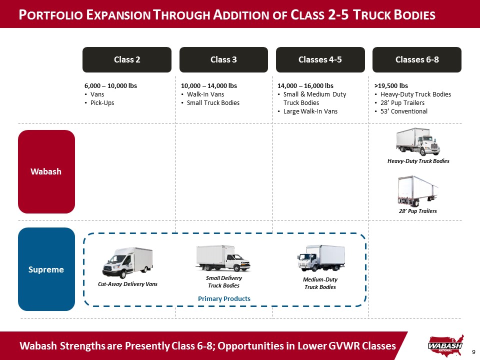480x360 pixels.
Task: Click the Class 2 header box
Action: point(127,59)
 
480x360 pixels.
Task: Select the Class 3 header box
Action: point(224,59)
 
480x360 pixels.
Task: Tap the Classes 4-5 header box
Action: point(320,59)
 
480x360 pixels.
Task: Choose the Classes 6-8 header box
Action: point(417,59)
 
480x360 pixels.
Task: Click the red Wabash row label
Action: point(46,171)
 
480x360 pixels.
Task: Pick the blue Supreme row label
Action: point(46,269)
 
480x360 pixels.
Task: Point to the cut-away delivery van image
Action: point(127,262)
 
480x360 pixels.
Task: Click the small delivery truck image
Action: point(223,258)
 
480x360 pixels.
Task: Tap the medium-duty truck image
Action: point(321,258)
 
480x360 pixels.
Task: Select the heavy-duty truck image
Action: point(418,141)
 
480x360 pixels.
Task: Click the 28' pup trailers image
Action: point(418,191)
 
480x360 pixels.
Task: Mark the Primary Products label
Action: point(224,299)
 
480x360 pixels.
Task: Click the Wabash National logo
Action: point(445,346)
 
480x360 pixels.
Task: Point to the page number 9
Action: point(473,352)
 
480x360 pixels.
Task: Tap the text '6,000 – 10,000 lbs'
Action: point(111,85)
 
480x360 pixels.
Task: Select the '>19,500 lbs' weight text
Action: point(391,85)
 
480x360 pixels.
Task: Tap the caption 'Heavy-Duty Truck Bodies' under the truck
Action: point(418,161)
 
